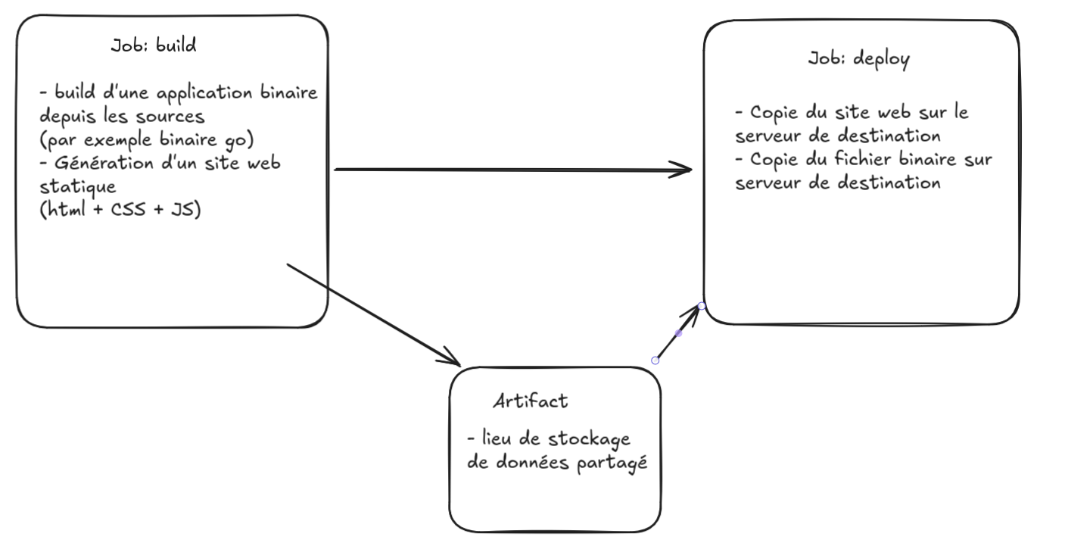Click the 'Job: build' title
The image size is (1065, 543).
pos(154,45)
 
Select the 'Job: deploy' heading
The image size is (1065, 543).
pos(858,59)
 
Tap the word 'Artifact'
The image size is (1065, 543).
pos(530,401)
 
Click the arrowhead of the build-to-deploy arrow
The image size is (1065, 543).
pos(685,170)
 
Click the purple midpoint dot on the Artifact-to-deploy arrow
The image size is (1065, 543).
pos(678,333)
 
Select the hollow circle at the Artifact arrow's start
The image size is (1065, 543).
pos(656,360)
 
